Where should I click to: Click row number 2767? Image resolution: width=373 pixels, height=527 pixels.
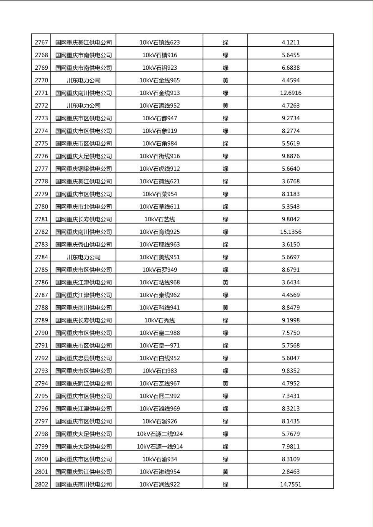pyautogui.click(x=41, y=42)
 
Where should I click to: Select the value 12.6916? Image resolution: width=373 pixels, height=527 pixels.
pyautogui.click(x=291, y=93)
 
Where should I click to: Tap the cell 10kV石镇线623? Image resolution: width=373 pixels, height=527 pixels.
pyautogui.click(x=159, y=42)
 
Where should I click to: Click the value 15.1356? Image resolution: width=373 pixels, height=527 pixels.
pyautogui.click(x=291, y=232)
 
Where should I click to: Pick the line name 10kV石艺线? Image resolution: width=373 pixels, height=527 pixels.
pyautogui.click(x=159, y=219)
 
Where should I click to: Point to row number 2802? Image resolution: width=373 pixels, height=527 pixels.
pyautogui.click(x=41, y=484)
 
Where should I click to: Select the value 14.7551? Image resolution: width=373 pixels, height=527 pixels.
pyautogui.click(x=291, y=484)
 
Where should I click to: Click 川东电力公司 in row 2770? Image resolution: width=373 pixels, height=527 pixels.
pyautogui.click(x=84, y=80)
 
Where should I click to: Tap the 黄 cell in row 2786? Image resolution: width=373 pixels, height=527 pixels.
pyautogui.click(x=225, y=282)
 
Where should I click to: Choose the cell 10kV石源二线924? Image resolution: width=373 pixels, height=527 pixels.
pyautogui.click(x=159, y=434)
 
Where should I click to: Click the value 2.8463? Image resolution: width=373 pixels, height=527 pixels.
pyautogui.click(x=291, y=472)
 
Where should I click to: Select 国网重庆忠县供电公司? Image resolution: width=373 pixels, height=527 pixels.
pyautogui.click(x=84, y=358)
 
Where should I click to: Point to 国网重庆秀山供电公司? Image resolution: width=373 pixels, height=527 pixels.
pyautogui.click(x=84, y=244)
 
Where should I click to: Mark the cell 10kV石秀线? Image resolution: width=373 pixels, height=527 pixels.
pyautogui.click(x=159, y=320)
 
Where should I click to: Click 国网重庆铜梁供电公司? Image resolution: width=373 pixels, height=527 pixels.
pyautogui.click(x=84, y=169)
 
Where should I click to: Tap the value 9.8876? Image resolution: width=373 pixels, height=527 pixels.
pyautogui.click(x=291, y=156)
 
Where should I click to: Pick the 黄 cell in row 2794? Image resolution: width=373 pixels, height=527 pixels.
pyautogui.click(x=225, y=383)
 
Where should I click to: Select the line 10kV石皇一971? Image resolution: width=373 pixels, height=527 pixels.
pyautogui.click(x=159, y=345)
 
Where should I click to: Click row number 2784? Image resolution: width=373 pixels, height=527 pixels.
pyautogui.click(x=41, y=257)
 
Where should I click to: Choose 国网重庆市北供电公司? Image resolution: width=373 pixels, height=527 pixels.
pyautogui.click(x=84, y=206)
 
